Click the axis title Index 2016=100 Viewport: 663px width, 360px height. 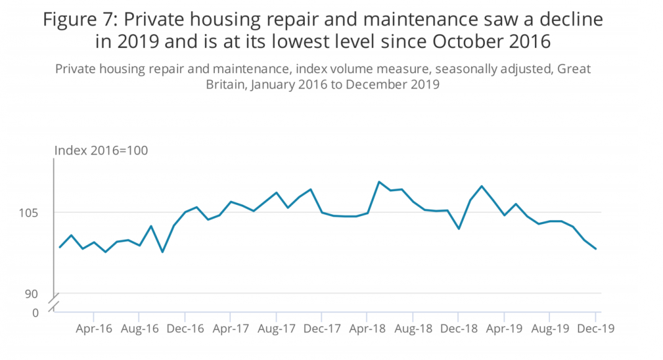pos(101,151)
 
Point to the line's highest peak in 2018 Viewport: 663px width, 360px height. pos(379,182)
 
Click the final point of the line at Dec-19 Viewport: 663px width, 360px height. pos(596,249)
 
